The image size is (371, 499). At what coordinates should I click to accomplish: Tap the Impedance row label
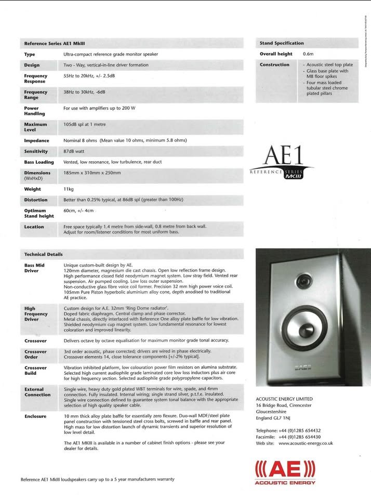36,140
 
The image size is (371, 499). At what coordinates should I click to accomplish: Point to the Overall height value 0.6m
308,54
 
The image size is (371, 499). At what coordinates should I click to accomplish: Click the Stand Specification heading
282,43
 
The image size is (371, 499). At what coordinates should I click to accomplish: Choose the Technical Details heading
43,254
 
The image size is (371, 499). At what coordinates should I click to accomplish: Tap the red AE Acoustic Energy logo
285,472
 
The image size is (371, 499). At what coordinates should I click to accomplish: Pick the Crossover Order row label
35,354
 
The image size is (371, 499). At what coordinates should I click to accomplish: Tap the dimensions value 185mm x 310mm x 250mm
92,173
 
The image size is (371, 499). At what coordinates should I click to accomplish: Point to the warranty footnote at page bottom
97,479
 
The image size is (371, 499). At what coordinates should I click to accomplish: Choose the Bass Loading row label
39,162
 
